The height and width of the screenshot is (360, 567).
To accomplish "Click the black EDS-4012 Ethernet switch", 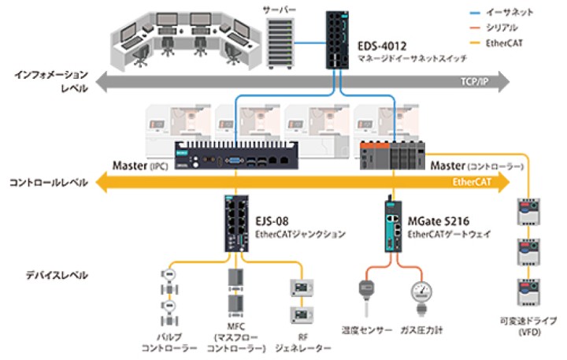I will pyautogui.click(x=341, y=39).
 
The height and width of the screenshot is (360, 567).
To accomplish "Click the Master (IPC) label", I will pyautogui.click(x=141, y=166).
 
